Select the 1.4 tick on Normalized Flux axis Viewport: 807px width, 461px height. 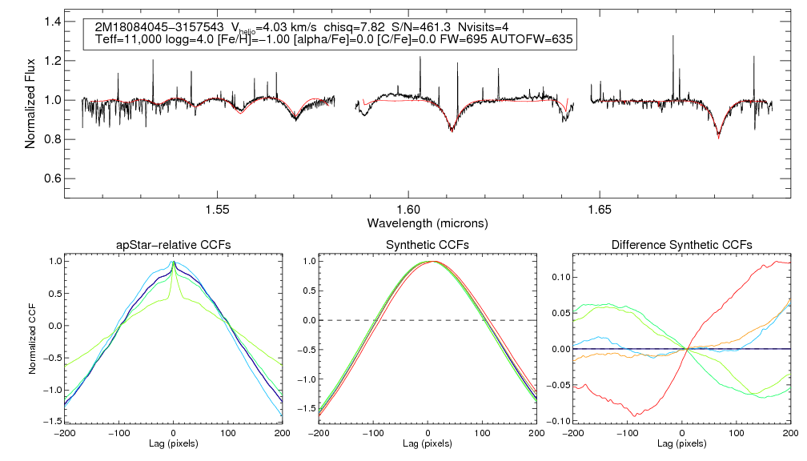point(53,22)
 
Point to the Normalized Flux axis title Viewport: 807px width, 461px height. point(30,100)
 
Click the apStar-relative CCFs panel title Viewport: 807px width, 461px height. point(174,245)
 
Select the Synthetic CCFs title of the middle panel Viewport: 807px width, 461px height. point(428,245)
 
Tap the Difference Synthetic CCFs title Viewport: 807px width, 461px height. point(681,245)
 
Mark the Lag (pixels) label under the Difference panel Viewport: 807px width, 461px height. point(681,443)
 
